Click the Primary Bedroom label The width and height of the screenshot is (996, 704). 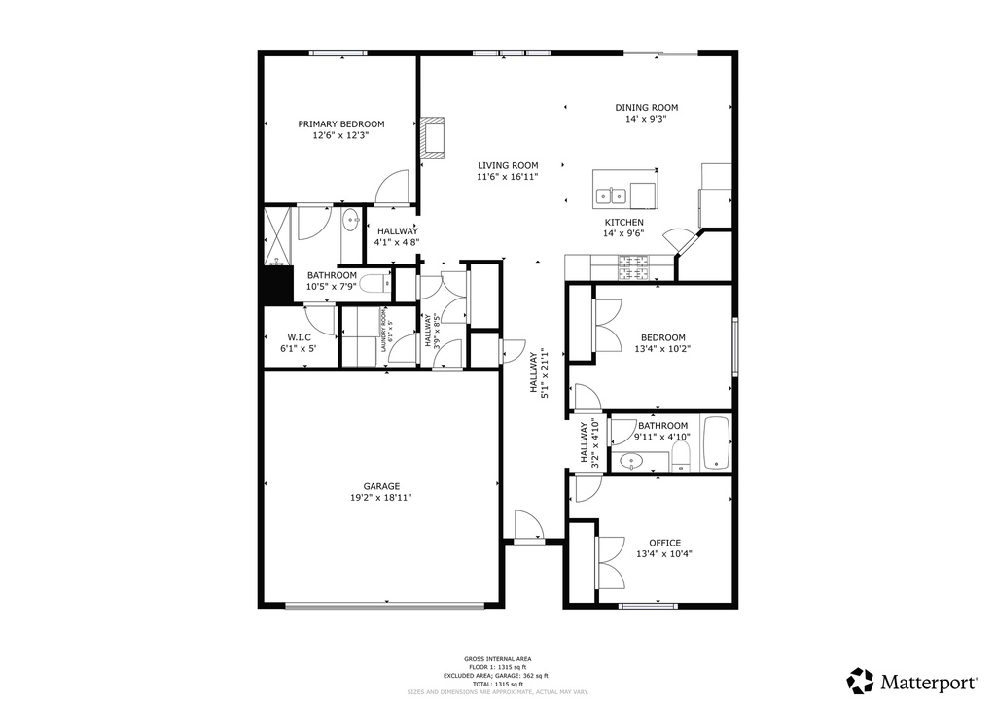click(340, 123)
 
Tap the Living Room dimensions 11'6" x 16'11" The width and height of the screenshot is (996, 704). click(507, 177)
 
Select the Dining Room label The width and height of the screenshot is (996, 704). click(646, 107)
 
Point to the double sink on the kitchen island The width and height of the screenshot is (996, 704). click(611, 196)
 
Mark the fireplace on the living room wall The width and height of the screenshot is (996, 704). click(432, 138)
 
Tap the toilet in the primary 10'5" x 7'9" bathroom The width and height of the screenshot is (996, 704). click(374, 284)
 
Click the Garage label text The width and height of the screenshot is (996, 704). click(381, 486)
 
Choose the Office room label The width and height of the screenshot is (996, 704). click(664, 543)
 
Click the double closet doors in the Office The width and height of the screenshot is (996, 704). click(610, 562)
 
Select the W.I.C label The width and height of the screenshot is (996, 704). click(299, 336)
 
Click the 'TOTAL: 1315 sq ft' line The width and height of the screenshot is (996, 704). click(497, 684)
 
